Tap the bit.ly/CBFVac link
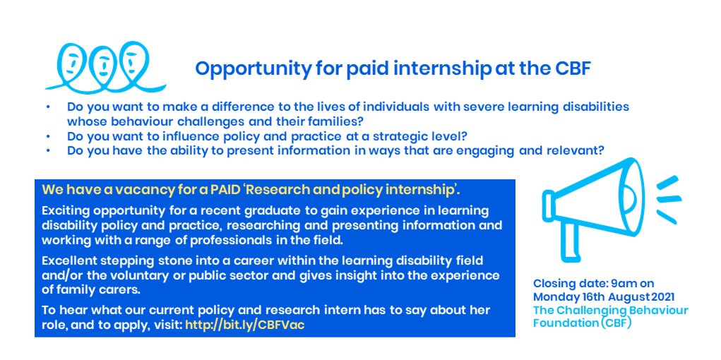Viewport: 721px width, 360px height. (246, 325)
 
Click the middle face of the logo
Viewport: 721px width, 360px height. (102, 63)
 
